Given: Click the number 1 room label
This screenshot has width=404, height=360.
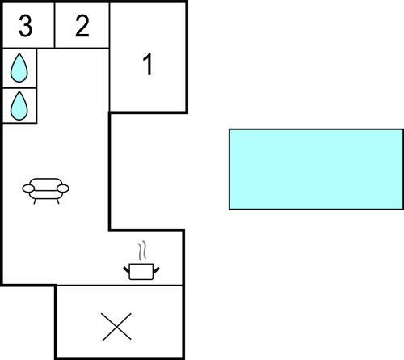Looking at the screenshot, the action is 148,64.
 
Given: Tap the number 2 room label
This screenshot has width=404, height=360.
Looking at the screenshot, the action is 82,26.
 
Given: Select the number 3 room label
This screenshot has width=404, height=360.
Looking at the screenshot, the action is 26,26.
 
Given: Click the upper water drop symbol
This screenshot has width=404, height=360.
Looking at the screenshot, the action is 19,68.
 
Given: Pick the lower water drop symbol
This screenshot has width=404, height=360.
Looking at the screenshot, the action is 19,106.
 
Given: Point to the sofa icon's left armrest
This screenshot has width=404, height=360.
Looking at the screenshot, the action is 28,188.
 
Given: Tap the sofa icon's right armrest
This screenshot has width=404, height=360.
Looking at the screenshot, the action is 63,188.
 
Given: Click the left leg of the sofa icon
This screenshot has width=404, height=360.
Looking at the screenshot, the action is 35,201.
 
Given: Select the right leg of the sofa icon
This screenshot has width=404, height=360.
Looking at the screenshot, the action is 58,201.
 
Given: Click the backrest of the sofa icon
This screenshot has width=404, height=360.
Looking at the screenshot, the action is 46,183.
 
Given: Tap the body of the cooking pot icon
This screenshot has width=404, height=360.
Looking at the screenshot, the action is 141,272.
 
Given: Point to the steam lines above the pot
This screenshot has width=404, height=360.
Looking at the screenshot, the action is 142,251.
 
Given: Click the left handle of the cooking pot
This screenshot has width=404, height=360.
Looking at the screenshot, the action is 126,269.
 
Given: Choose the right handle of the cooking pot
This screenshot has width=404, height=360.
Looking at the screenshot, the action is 157,269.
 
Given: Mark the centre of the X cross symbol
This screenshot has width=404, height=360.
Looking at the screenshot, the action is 116,327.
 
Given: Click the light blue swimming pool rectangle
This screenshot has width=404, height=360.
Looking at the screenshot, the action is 316,169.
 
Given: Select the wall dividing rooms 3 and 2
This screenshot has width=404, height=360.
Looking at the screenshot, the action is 55,25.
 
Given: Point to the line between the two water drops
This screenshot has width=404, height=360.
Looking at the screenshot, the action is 19,88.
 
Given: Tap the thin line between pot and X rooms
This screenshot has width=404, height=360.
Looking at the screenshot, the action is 120,285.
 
